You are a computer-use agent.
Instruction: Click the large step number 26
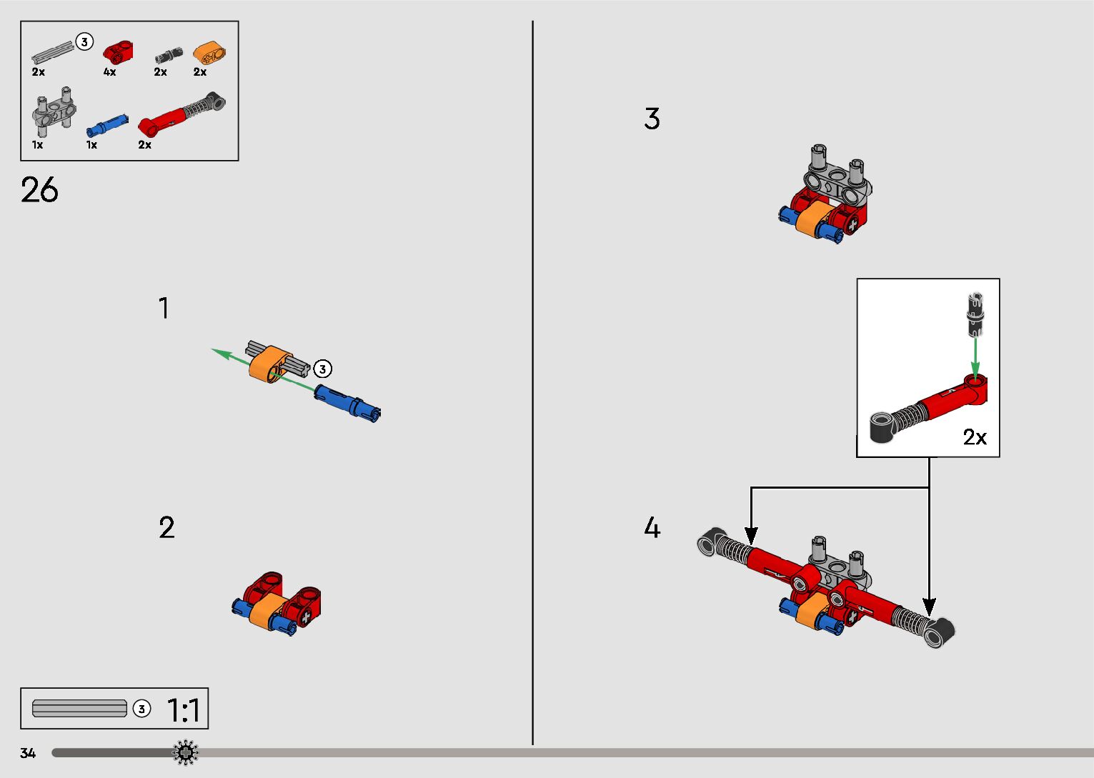[39, 189]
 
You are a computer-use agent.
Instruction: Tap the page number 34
[28, 753]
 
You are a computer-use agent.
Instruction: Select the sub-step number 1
[164, 308]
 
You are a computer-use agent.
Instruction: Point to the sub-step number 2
[166, 527]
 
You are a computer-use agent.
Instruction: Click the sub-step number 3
[652, 119]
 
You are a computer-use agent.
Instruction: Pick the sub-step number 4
[652, 527]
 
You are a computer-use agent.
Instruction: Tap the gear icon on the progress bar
[186, 752]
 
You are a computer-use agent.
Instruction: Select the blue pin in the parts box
[107, 125]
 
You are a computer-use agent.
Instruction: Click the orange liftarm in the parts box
[209, 54]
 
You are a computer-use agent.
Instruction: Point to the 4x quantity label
[109, 71]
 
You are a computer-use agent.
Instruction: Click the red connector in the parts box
[118, 52]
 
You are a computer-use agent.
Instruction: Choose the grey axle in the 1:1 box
[79, 708]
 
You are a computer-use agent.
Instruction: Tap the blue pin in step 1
[347, 403]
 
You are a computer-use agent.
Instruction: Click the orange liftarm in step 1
[271, 364]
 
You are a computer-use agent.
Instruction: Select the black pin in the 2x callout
[975, 314]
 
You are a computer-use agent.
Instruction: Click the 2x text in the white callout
[975, 437]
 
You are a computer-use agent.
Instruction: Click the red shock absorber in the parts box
[181, 114]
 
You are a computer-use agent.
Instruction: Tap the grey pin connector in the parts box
[54, 112]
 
